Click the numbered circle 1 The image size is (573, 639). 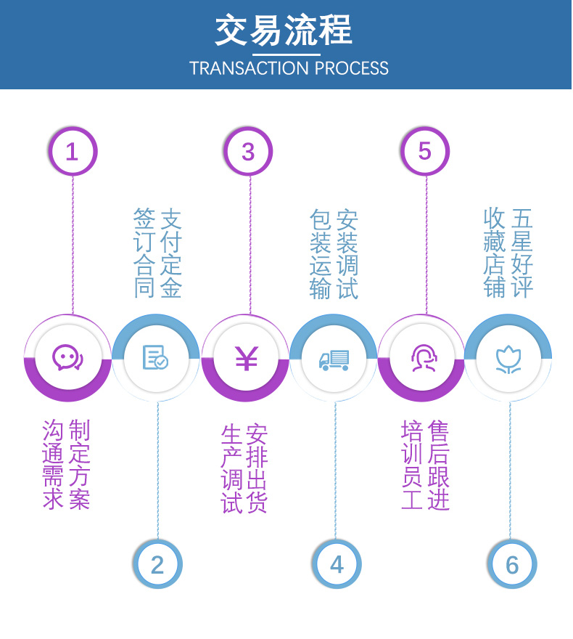tap(73, 151)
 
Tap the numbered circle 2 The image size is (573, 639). tap(157, 564)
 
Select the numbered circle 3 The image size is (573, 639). tap(248, 151)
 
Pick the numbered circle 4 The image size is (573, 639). tap(337, 564)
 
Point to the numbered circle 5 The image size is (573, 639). tap(425, 151)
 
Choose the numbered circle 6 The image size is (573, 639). tap(512, 564)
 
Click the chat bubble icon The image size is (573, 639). tap(67, 357)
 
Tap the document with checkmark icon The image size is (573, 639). tap(155, 357)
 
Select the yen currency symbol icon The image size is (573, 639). tap(246, 358)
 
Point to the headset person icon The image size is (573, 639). tap(424, 358)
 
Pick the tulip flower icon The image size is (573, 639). tap(508, 359)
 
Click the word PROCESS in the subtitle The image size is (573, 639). tap(352, 68)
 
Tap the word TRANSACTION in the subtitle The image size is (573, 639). tap(250, 68)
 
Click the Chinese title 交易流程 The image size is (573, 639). tap(284, 30)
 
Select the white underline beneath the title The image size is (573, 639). tap(286, 54)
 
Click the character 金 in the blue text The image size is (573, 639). tap(171, 288)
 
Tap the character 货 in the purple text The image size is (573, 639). tap(256, 502)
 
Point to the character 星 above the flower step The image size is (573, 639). tap(522, 241)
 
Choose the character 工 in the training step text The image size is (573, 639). tap(412, 499)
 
